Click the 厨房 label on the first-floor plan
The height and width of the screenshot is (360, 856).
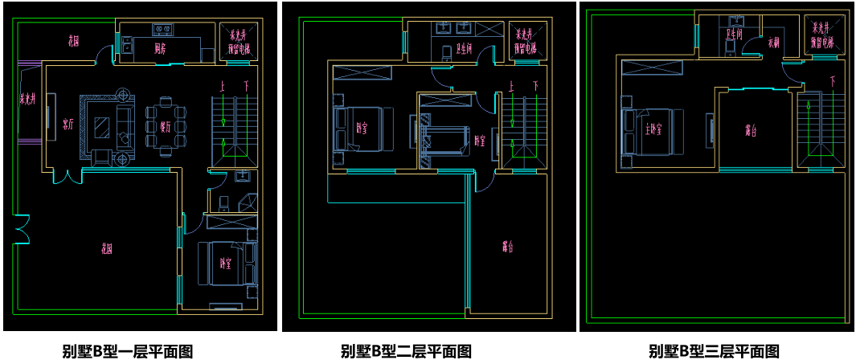[161, 48]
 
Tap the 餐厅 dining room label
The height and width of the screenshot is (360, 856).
[166, 126]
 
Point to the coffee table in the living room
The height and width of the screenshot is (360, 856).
[103, 126]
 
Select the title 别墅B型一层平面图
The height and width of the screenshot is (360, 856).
[128, 351]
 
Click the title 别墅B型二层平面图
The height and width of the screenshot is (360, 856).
[407, 351]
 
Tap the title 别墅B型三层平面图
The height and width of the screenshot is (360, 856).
[715, 351]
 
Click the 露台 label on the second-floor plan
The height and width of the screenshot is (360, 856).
[506, 247]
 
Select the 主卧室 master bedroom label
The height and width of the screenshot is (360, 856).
[652, 129]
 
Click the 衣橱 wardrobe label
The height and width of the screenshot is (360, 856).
[774, 41]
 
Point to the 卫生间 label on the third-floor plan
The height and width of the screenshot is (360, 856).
[734, 35]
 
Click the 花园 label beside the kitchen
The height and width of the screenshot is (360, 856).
[74, 40]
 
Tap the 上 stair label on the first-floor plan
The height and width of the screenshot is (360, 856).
[223, 84]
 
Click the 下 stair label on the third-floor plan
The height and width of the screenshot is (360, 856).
[832, 81]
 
